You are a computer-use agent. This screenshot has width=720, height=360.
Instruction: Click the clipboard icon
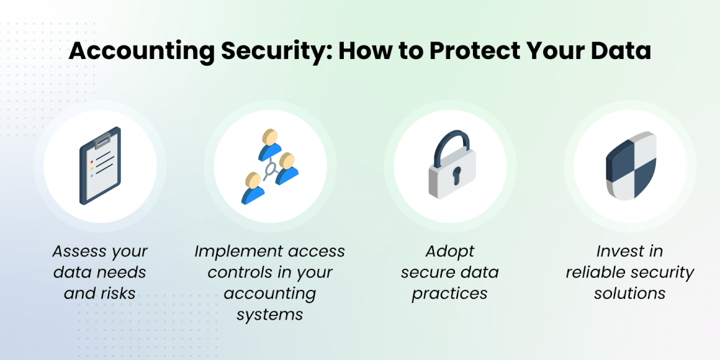click(x=100, y=166)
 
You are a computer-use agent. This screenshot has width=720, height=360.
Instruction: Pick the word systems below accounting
click(x=269, y=314)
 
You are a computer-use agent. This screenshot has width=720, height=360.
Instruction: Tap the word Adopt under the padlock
click(x=449, y=252)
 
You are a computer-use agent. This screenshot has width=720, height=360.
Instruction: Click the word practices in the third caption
click(x=449, y=293)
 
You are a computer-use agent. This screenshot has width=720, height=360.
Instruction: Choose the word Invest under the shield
click(x=618, y=252)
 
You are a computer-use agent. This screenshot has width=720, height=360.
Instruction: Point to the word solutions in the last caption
click(x=629, y=293)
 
